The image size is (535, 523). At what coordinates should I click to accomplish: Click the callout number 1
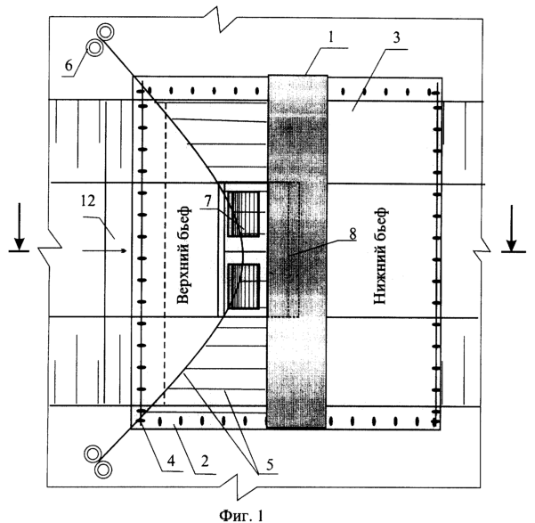pos(330,37)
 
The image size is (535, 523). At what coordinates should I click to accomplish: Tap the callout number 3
pos(396,37)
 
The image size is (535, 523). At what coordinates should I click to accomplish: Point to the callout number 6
pos(69,65)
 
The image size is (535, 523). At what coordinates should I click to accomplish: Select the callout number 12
pos(88,200)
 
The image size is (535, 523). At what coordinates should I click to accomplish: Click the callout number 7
pos(208,201)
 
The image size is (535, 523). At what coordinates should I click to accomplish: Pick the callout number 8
pos(353,234)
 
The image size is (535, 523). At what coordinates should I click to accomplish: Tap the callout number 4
pos(171,461)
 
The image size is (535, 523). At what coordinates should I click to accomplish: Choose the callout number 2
pos(205,462)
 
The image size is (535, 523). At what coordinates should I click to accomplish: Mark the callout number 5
pos(270,464)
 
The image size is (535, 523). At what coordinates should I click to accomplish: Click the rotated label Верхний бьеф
pos(183,254)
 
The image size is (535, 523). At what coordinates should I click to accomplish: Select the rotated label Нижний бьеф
pos(381,255)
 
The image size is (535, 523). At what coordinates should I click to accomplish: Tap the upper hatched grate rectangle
pos(243,214)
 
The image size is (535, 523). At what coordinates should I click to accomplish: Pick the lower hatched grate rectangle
pos(244,286)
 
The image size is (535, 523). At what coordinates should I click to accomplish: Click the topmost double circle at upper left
pos(105,32)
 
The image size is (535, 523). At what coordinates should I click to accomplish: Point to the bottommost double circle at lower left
pos(103,470)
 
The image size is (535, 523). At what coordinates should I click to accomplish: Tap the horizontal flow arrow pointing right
pos(104,250)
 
